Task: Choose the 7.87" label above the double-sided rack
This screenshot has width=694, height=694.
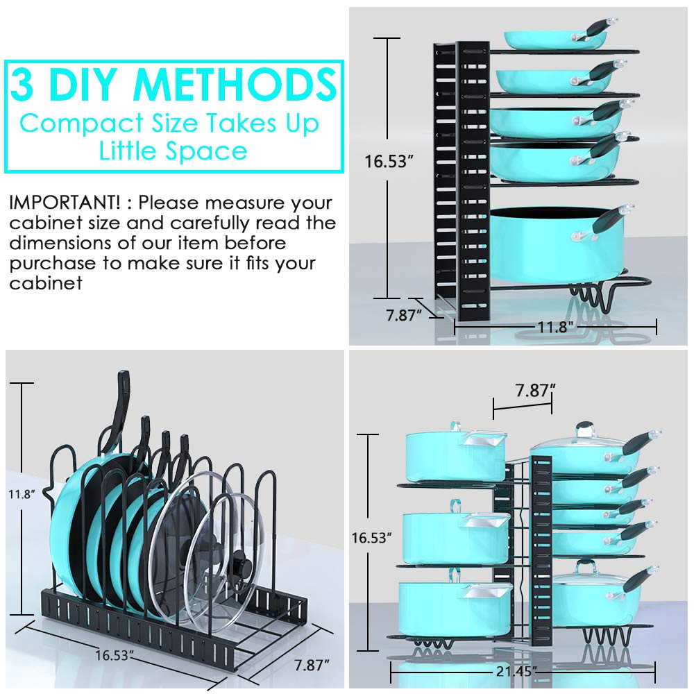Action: [532, 390]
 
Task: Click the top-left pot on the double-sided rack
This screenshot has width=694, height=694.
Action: [455, 457]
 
